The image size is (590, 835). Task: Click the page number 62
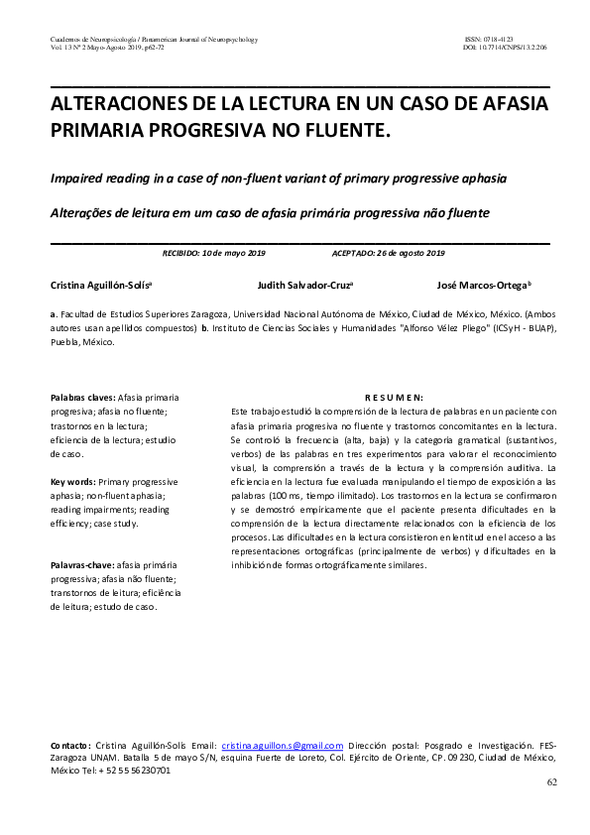(552, 782)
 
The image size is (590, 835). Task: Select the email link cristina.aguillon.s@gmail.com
(283, 745)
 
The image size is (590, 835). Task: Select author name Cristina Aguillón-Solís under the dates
(100, 284)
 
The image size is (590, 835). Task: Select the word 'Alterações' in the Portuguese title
(83, 212)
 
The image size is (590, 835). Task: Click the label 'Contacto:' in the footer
(70, 745)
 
